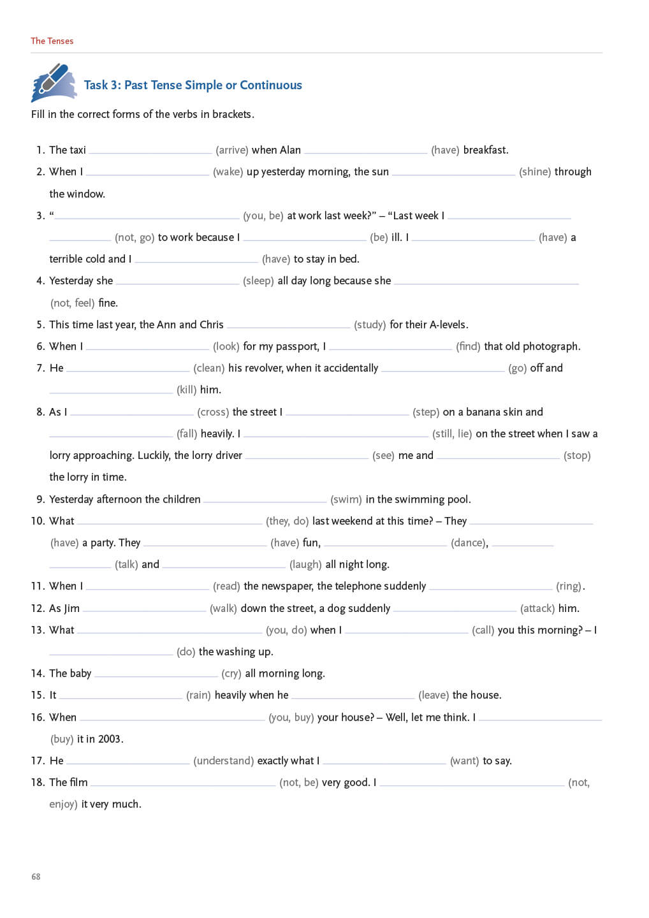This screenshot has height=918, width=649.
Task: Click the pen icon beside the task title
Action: point(54,83)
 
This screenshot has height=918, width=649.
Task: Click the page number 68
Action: point(36,877)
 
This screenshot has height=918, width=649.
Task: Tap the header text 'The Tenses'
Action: point(52,41)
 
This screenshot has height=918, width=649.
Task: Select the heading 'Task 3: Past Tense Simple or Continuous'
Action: point(193,85)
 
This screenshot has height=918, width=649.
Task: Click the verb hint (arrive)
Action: point(231,150)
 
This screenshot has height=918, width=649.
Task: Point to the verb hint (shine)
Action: point(534,171)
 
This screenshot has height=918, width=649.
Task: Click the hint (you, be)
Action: point(263,215)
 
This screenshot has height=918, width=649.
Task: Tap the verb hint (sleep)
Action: point(258,280)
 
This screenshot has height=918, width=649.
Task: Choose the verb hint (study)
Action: point(370,324)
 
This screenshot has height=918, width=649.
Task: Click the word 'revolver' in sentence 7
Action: point(263,368)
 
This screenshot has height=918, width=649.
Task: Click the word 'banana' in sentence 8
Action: point(486,412)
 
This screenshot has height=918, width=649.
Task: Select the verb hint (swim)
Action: point(346,499)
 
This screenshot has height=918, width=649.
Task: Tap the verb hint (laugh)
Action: point(305,564)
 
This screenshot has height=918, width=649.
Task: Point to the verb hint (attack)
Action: point(537,608)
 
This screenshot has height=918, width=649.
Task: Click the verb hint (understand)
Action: point(223,761)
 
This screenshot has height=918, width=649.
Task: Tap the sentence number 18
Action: point(38,782)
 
